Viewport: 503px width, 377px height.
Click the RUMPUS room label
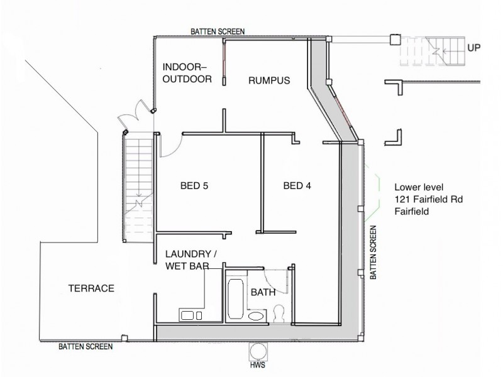click(x=268, y=80)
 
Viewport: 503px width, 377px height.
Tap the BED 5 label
click(x=194, y=185)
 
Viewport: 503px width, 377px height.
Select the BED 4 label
click(x=297, y=185)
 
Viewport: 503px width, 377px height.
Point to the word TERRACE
click(x=91, y=288)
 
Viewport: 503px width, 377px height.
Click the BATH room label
click(x=263, y=292)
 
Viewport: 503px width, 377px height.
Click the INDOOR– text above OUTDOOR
click(x=184, y=67)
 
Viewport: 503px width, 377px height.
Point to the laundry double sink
click(x=191, y=315)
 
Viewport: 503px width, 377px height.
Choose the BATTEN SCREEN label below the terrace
click(x=86, y=346)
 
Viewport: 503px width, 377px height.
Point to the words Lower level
click(x=419, y=187)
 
